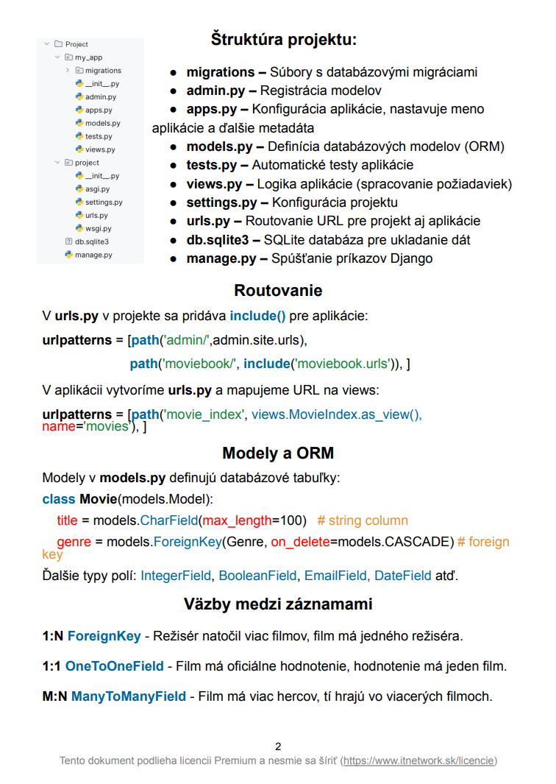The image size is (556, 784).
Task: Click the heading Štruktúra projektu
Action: click(x=283, y=39)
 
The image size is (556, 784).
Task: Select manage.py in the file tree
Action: click(x=93, y=255)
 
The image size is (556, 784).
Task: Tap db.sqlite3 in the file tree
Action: click(x=92, y=241)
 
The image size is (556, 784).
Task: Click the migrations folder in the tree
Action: click(x=103, y=71)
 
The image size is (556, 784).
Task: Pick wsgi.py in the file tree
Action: click(x=98, y=228)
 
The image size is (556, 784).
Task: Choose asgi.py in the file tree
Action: click(x=97, y=189)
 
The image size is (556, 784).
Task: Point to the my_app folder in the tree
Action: click(x=88, y=57)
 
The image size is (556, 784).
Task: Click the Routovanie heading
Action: click(x=278, y=291)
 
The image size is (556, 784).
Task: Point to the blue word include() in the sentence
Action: click(x=257, y=317)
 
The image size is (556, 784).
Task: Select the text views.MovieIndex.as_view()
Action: click(x=336, y=414)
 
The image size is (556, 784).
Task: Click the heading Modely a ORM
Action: click(x=278, y=453)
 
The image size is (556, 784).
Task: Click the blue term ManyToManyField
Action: click(x=130, y=696)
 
